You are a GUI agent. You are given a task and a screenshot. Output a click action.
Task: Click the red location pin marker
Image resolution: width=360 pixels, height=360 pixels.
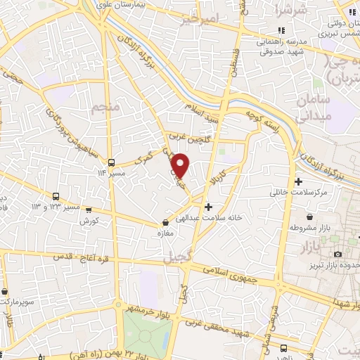click(181, 164)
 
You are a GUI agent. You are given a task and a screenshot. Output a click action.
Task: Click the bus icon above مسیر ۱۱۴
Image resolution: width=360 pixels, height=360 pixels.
click(111, 162)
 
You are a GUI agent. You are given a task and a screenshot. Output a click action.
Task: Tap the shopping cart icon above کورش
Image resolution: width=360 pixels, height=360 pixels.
click(89, 209)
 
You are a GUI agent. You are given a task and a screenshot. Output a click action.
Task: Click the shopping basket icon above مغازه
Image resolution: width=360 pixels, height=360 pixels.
click(166, 223)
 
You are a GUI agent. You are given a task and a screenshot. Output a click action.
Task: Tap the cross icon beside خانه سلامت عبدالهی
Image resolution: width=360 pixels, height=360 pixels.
click(207, 207)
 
